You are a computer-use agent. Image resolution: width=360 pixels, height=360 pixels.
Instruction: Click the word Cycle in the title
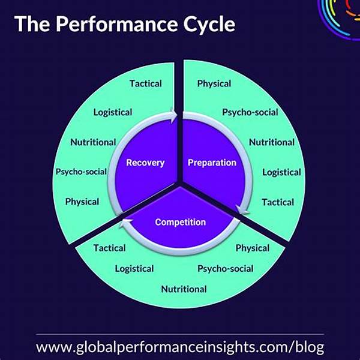[209, 25]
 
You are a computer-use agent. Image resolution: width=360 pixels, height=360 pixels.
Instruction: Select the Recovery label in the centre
[145, 163]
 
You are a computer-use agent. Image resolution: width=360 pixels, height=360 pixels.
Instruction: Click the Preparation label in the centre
[212, 163]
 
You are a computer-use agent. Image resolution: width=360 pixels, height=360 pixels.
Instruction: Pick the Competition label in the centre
[181, 222]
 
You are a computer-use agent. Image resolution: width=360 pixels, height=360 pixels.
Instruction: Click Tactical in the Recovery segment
[146, 83]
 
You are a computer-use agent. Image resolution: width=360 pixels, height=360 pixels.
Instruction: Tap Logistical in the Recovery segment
[113, 112]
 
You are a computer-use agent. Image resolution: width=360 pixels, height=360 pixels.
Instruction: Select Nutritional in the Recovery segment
[93, 142]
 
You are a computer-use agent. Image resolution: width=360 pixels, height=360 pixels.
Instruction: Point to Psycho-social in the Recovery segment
[81, 172]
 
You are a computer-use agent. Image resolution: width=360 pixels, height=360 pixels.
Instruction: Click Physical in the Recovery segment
[82, 202]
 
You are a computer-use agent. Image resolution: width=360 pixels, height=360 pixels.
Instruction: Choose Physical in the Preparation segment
[214, 83]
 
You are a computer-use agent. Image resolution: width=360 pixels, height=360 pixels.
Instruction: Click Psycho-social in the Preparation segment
[250, 112]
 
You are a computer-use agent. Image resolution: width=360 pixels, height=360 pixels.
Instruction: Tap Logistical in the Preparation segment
[281, 172]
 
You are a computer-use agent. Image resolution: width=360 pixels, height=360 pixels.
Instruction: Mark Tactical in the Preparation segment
[278, 202]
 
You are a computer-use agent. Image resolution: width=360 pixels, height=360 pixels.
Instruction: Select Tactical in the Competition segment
[110, 248]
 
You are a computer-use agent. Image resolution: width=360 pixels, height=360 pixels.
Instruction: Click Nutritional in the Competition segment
[184, 289]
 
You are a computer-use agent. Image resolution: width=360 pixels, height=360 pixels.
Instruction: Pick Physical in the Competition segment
[253, 248]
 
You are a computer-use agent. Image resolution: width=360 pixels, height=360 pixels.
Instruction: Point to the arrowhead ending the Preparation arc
[242, 210]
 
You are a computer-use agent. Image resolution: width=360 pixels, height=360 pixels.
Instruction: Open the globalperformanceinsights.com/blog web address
[180, 347]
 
